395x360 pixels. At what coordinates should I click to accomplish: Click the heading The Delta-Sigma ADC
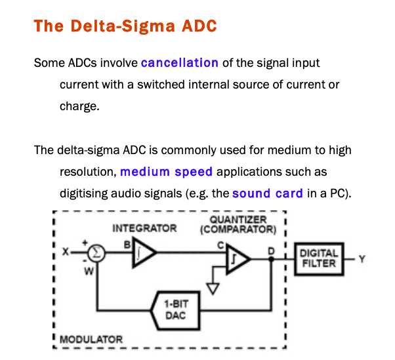[x=125, y=26]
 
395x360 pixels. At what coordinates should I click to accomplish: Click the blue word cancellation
[x=179, y=63]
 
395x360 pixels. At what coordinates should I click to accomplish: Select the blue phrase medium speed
[x=166, y=172]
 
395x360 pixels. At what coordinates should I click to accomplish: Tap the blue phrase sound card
[x=267, y=193]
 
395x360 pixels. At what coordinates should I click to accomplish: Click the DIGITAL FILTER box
[x=319, y=258]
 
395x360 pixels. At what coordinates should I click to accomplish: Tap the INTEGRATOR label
[x=144, y=228]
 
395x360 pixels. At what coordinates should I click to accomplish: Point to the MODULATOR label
[x=91, y=340]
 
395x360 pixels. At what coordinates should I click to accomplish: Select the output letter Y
[x=361, y=258]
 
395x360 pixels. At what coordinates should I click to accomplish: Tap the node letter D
[x=271, y=250]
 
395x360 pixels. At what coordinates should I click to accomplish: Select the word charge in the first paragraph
[x=79, y=105]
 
